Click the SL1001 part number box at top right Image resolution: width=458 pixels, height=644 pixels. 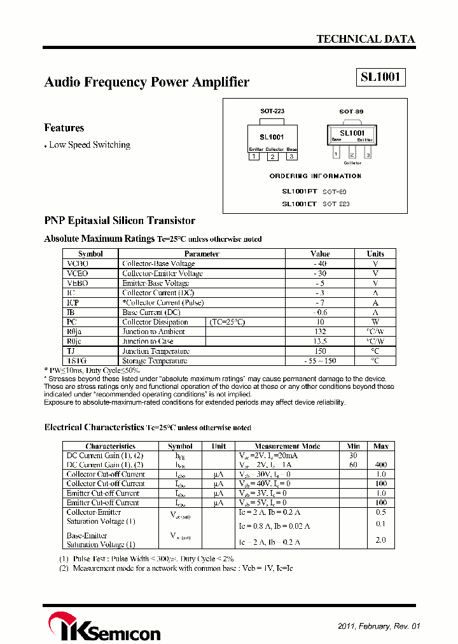[380, 78]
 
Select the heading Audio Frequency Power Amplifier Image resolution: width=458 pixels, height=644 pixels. [146, 82]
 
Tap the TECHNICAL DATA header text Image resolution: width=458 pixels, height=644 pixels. [366, 39]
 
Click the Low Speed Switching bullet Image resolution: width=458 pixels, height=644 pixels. [89, 145]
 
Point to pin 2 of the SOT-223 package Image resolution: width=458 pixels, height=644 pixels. [272, 157]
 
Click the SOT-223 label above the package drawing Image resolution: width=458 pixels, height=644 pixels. [272, 111]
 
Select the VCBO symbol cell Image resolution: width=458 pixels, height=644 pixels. [78, 263]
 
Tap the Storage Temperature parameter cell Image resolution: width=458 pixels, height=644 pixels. [155, 361]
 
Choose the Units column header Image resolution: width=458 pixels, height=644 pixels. [375, 253]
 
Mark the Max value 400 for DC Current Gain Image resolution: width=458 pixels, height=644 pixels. [380, 465]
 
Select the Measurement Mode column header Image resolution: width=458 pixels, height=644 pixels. [288, 446]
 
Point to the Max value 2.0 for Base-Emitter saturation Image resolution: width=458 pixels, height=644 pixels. [380, 540]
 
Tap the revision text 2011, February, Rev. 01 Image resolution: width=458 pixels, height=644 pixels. [379, 626]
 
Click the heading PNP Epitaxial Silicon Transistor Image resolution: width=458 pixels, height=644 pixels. [120, 221]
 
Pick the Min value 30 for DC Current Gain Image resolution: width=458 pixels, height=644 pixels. [354, 456]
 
